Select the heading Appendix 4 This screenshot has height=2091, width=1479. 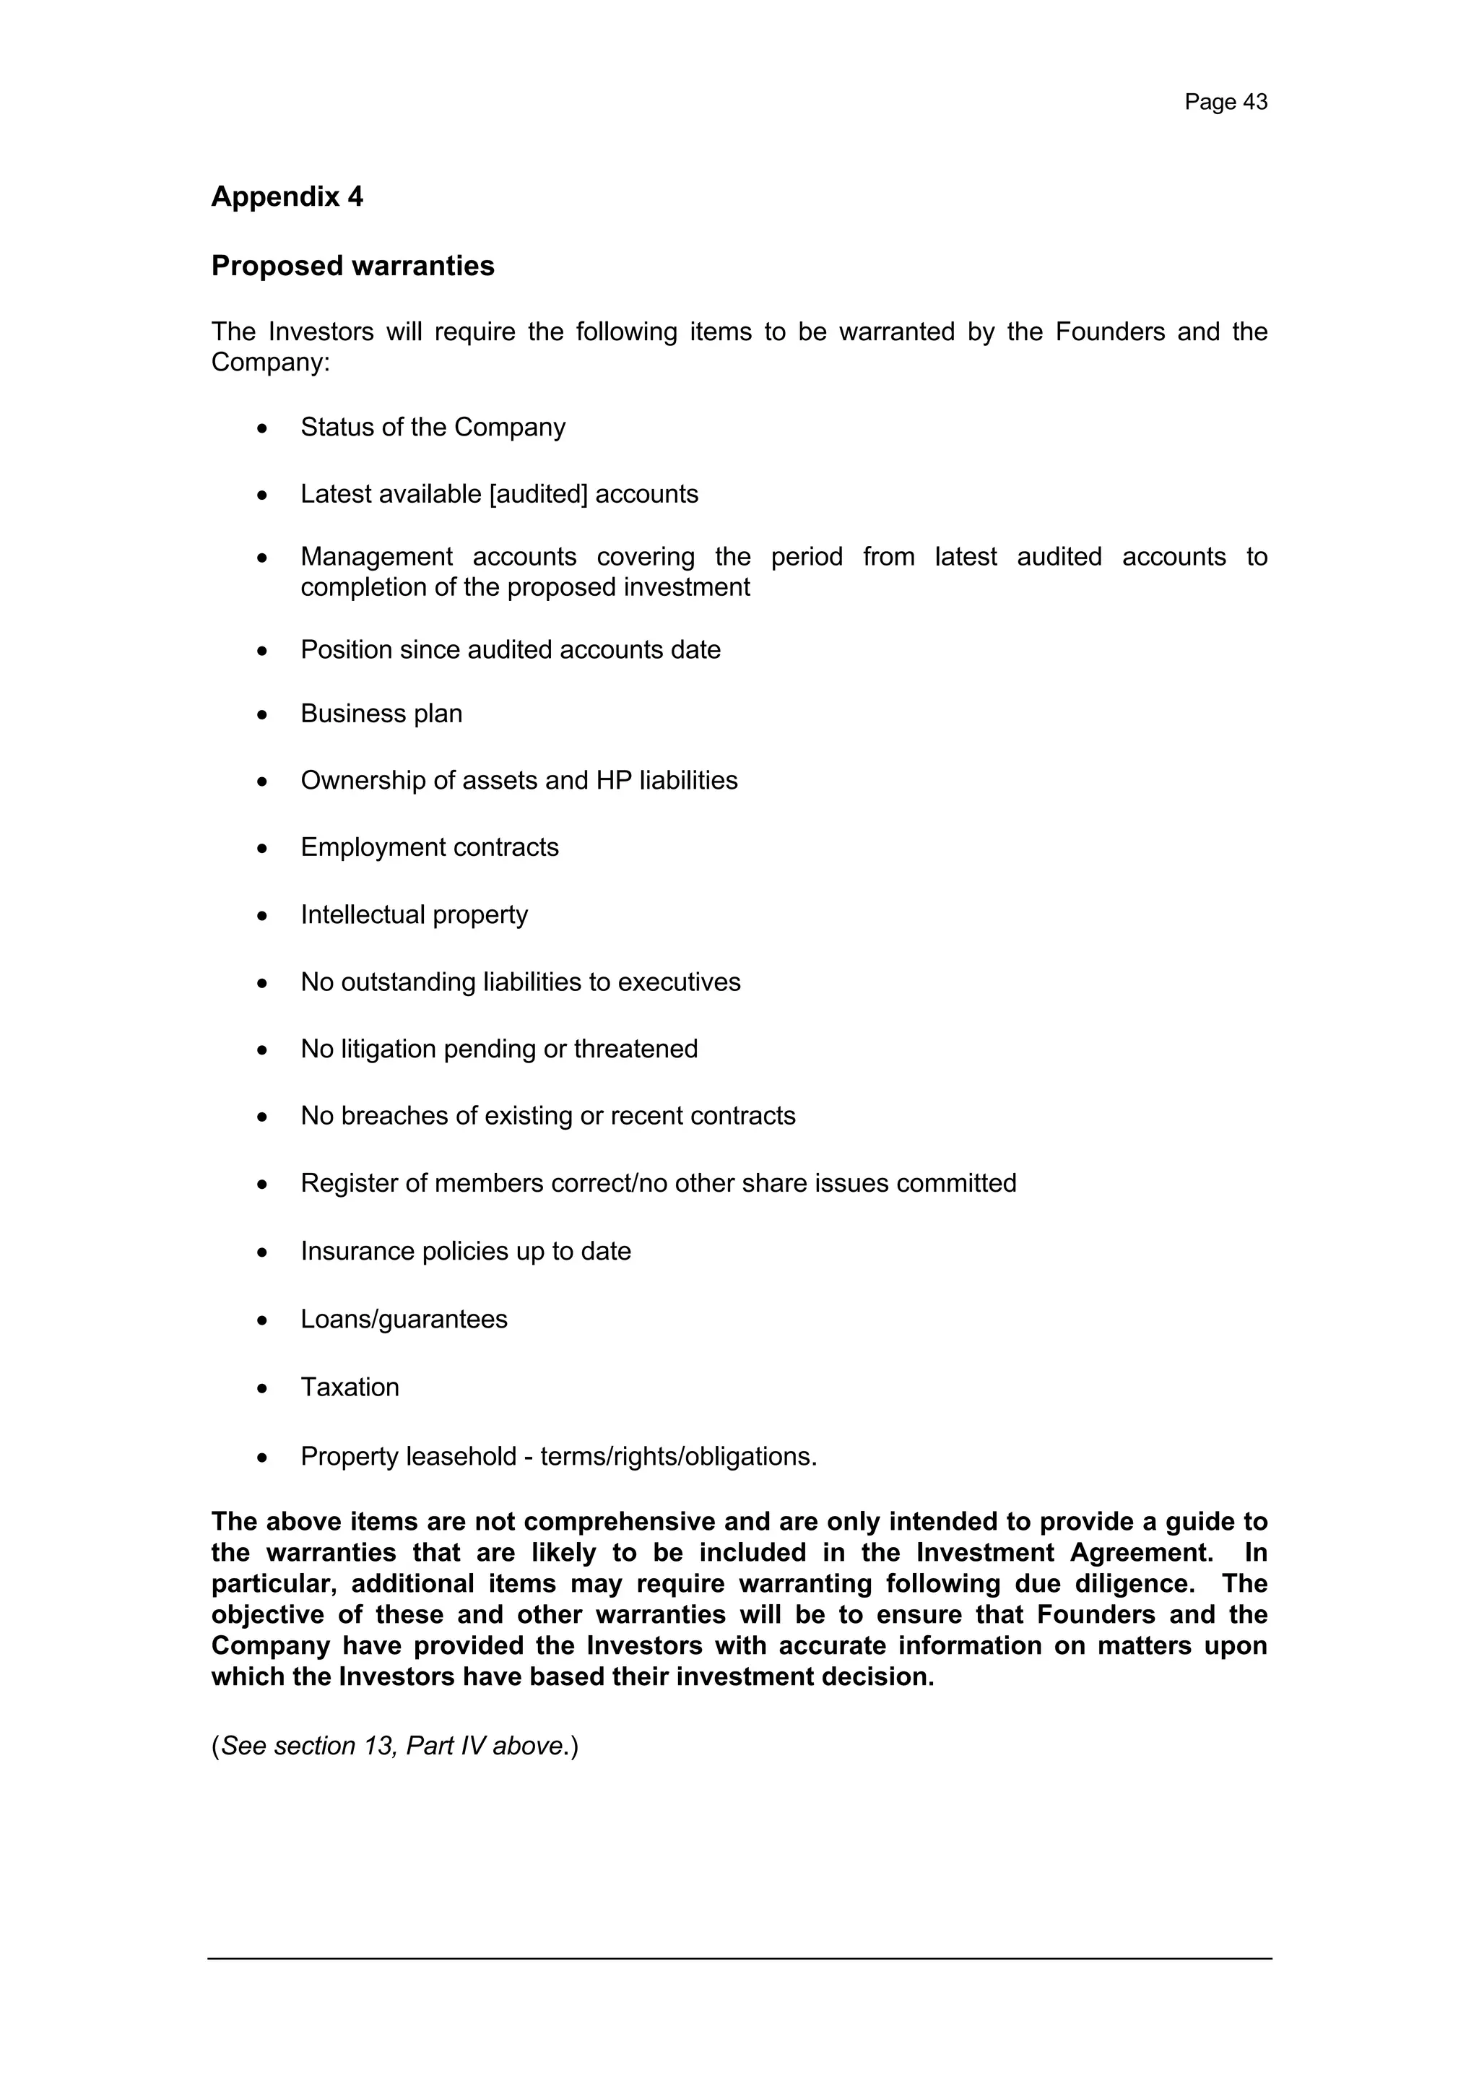287,196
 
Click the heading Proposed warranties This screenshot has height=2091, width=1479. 352,266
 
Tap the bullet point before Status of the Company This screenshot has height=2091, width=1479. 262,428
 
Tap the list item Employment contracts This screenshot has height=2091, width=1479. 429,847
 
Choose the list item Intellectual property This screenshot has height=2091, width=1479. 414,914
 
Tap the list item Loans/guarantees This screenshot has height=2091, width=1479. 404,1319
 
